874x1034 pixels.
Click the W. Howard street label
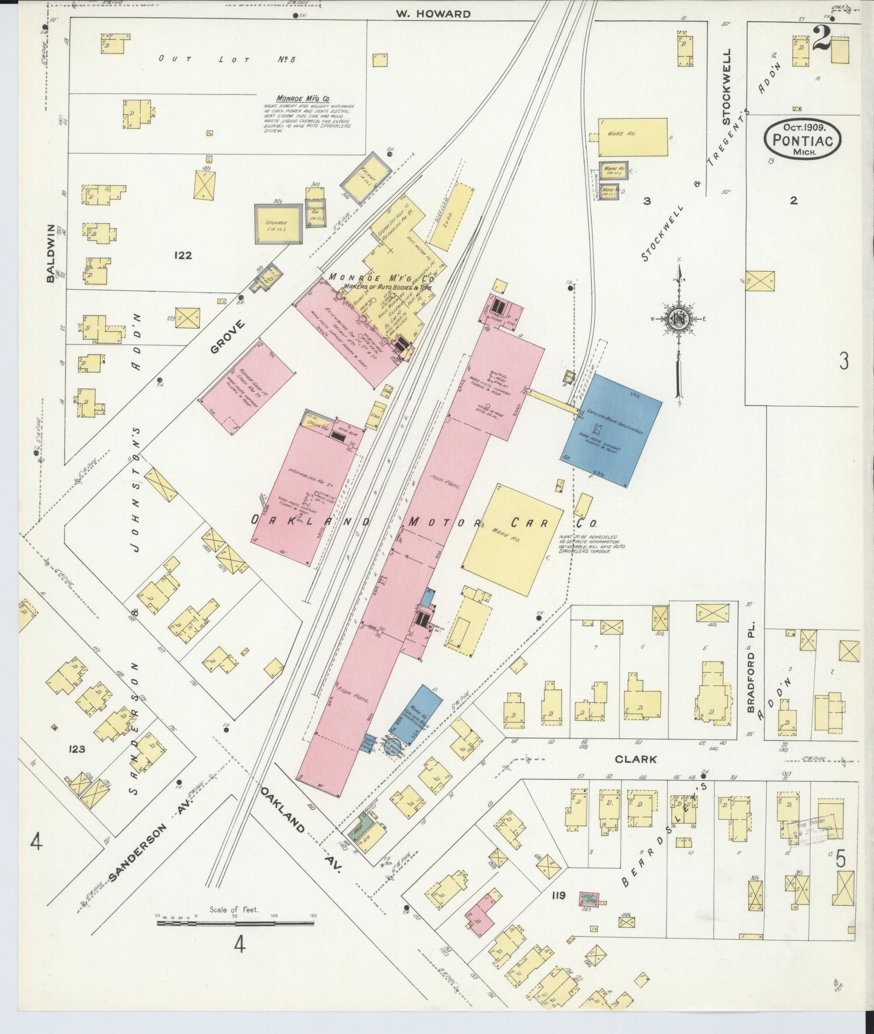433,14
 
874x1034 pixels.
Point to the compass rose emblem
678,320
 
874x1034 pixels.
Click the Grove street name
228,336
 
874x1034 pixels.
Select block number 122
183,255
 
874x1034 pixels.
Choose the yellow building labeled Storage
277,223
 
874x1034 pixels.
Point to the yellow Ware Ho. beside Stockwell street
633,137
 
